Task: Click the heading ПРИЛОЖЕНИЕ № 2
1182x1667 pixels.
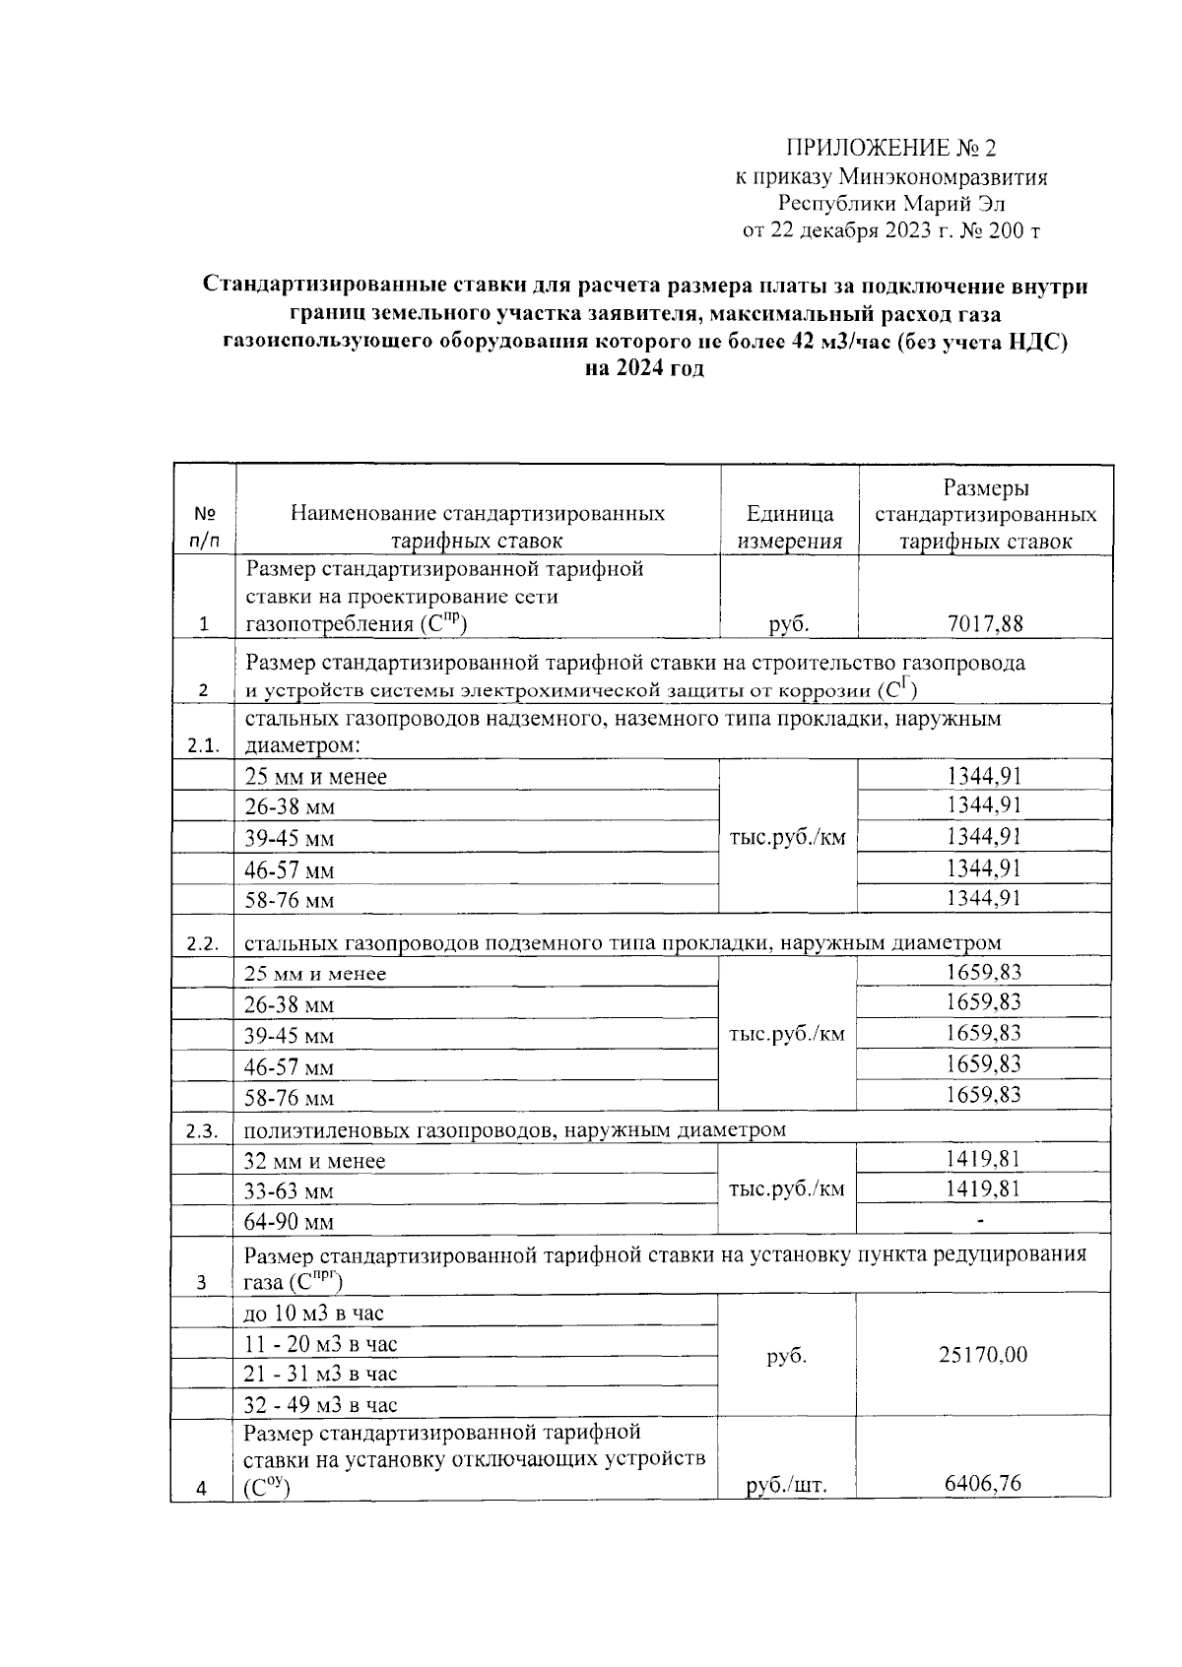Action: tap(890, 149)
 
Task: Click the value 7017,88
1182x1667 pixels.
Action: tap(985, 623)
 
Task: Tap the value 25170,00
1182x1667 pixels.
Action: tap(985, 1355)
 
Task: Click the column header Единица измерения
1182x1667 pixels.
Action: tap(790, 528)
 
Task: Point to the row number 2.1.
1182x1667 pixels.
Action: tap(203, 745)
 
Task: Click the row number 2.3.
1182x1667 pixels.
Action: tap(203, 1131)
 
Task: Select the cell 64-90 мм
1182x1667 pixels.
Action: tap(290, 1223)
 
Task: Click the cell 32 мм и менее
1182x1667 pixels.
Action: tap(314, 1161)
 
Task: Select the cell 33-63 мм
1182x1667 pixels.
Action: tap(289, 1192)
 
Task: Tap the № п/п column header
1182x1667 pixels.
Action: tap(204, 528)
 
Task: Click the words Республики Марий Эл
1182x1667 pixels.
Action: tap(890, 205)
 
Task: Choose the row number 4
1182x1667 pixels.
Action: tap(202, 1489)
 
